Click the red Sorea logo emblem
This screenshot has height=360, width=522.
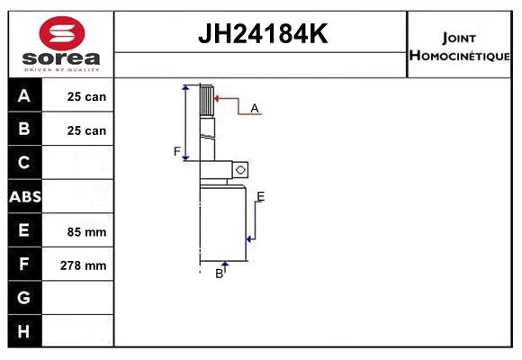62,33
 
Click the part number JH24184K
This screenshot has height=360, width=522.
263,33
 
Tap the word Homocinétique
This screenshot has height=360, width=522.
459,55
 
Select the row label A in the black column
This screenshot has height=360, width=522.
24,96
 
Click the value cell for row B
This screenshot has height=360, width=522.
77,129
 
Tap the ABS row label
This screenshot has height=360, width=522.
25,197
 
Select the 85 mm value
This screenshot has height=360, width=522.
86,232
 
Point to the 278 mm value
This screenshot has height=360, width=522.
83,265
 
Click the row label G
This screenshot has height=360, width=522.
23,297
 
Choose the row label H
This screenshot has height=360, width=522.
23,331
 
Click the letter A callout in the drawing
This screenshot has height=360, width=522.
255,108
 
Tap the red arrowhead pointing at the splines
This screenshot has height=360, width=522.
218,98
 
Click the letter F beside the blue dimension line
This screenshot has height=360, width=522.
177,151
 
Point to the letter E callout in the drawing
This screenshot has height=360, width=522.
261,196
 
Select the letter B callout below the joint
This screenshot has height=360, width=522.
219,274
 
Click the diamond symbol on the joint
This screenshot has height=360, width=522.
240,170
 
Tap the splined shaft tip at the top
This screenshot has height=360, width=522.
206,100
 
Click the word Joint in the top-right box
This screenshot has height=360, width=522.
459,38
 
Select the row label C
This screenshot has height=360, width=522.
23,162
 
